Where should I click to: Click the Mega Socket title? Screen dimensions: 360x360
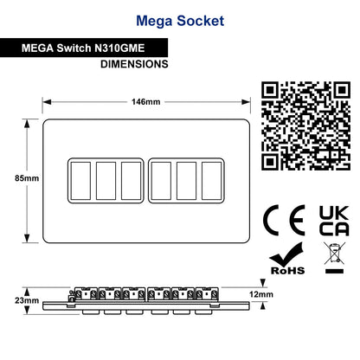coord(180,21)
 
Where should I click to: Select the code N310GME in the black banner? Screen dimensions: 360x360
coord(119,48)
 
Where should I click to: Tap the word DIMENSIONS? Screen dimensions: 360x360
coord(134,64)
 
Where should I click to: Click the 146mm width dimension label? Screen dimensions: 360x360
coord(145,102)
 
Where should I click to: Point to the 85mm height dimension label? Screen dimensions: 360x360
coord(27,178)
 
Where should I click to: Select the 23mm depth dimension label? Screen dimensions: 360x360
coord(27,300)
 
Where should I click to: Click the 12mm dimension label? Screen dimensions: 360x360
coord(261,294)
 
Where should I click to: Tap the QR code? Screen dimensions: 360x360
coord(305,125)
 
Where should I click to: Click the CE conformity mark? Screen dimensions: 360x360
coord(284,221)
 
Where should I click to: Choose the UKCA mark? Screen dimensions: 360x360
coord(334,221)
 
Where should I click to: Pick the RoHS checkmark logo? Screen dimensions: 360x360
coord(287,259)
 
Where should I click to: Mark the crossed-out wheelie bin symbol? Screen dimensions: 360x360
coord(334,258)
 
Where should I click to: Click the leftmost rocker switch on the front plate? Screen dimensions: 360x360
coord(80,181)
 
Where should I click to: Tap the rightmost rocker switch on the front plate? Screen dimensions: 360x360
coord(212,181)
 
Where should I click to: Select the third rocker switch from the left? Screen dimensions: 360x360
coord(132,181)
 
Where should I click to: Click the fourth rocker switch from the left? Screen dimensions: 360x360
coord(161,181)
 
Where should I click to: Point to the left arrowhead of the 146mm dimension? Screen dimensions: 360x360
coord(47,102)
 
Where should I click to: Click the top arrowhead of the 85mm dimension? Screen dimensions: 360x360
coord(27,124)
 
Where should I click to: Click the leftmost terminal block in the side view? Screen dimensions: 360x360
coord(86,293)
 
